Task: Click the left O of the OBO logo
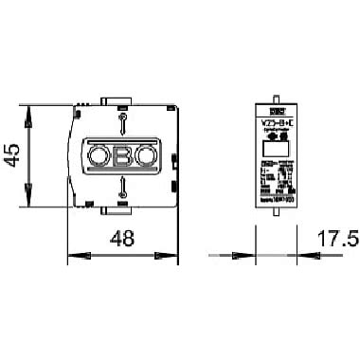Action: [x=99, y=155]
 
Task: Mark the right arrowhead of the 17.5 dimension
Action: [x=295, y=255]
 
